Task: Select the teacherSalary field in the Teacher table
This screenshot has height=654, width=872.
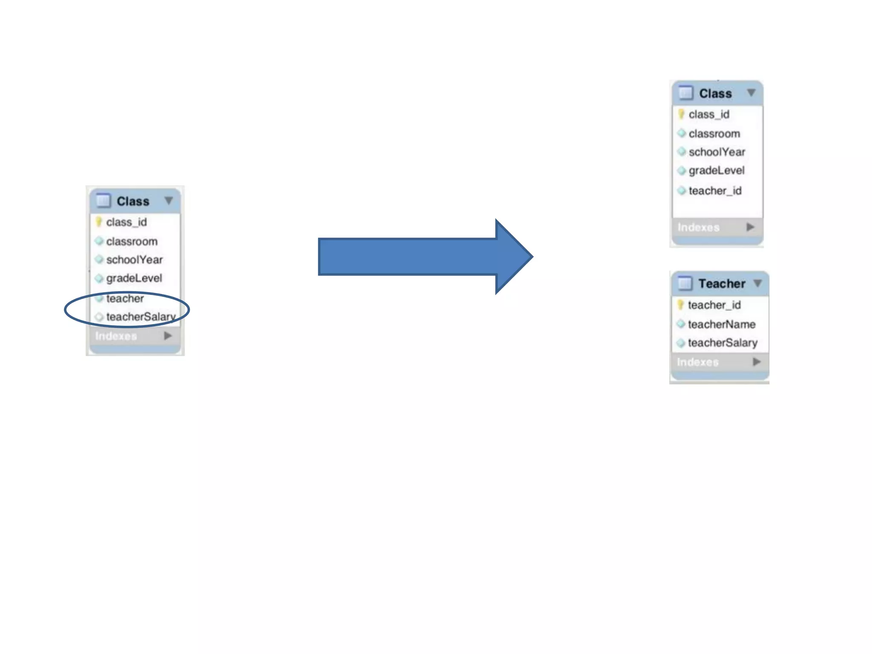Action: [x=722, y=343]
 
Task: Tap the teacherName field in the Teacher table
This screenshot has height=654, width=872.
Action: [x=721, y=324]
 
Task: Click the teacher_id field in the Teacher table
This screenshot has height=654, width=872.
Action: [x=714, y=305]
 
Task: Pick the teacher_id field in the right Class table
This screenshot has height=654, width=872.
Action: [x=715, y=191]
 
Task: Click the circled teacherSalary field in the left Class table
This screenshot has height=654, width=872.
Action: [x=141, y=317]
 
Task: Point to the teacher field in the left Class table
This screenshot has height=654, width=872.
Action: [x=125, y=298]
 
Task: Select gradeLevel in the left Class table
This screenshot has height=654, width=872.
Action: [x=134, y=278]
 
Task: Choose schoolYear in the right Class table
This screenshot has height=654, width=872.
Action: [x=717, y=152]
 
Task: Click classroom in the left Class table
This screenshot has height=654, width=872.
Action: [x=132, y=241]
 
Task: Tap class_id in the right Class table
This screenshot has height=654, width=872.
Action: [x=709, y=115]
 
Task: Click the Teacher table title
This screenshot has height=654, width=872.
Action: [x=722, y=284]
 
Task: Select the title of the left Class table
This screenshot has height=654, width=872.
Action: [x=133, y=201]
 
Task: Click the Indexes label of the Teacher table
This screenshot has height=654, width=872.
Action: [x=697, y=362]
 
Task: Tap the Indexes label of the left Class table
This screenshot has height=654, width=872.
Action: [x=116, y=336]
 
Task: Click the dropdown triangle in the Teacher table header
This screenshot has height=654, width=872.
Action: [x=757, y=283]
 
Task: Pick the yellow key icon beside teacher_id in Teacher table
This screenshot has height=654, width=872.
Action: [x=680, y=305]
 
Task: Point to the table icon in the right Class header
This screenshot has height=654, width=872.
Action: [x=686, y=93]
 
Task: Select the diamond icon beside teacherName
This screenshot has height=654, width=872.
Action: [x=681, y=324]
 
